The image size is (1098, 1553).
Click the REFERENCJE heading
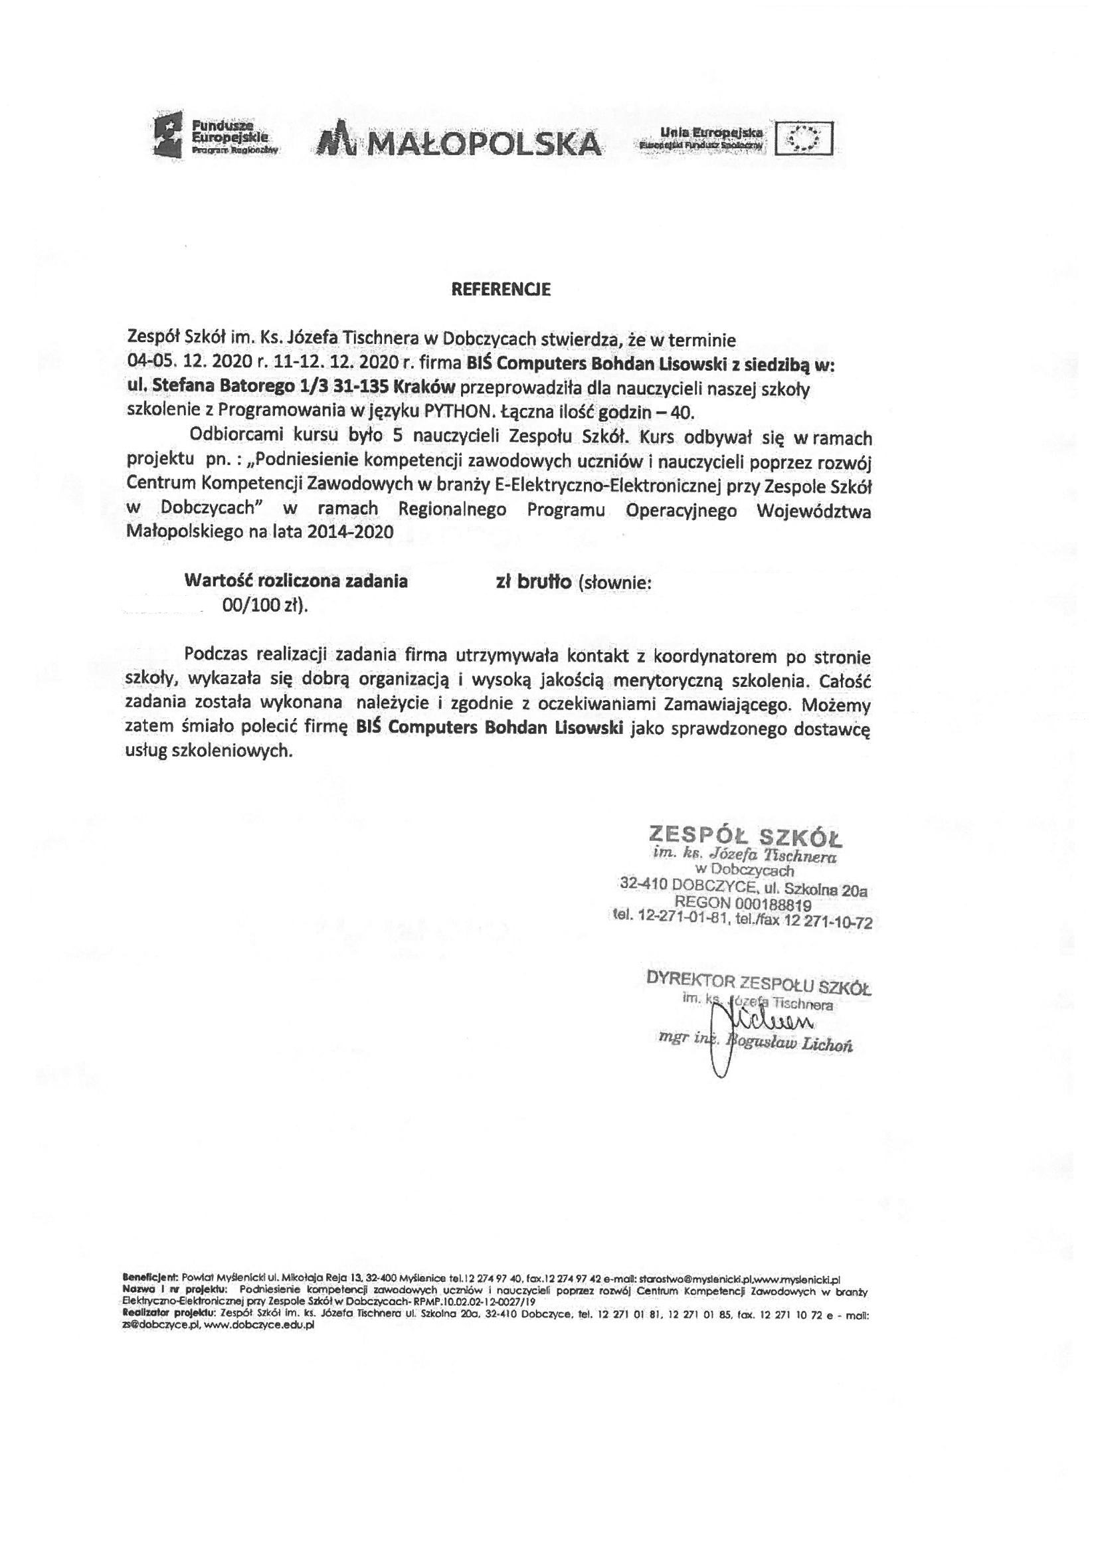point(501,290)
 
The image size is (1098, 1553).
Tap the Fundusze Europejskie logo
point(217,137)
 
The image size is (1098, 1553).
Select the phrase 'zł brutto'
point(534,582)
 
